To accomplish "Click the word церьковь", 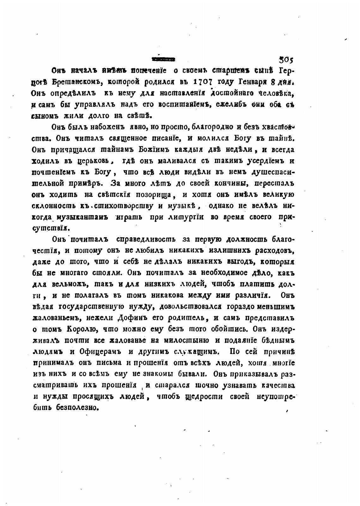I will pos(95,160).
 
